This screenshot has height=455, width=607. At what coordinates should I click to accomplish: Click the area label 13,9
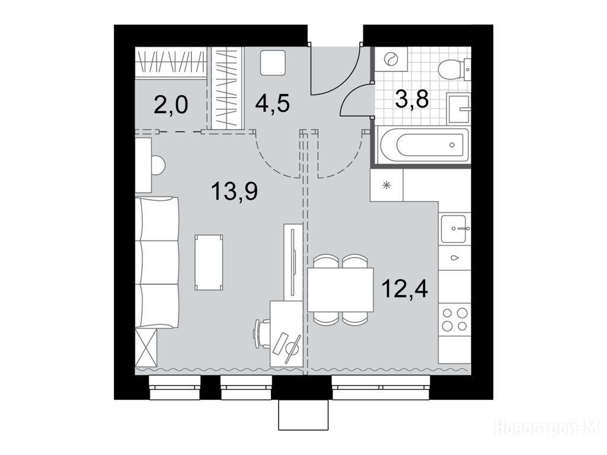(235, 191)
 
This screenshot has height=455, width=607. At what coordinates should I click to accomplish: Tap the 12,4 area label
(404, 289)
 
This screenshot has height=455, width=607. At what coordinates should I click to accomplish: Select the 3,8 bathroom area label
(412, 99)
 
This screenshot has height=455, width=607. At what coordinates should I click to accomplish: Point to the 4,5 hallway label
(272, 103)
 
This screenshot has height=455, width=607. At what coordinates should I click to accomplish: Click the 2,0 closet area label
(171, 105)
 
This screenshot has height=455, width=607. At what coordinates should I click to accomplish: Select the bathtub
(424, 145)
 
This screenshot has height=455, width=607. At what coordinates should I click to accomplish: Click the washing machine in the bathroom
(391, 59)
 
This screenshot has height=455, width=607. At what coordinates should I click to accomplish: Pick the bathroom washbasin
(459, 108)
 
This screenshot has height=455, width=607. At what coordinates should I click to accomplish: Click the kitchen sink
(455, 228)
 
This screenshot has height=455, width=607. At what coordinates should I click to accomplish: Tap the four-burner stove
(455, 319)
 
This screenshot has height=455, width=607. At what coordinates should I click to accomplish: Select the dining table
(340, 289)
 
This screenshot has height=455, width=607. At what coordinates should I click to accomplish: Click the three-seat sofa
(157, 262)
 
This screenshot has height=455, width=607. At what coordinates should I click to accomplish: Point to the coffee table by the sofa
(209, 262)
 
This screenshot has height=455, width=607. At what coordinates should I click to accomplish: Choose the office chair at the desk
(262, 334)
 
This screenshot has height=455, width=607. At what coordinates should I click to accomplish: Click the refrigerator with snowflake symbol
(386, 185)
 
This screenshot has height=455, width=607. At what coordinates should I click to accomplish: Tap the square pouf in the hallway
(273, 62)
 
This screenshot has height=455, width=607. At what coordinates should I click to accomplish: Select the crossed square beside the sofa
(146, 347)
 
